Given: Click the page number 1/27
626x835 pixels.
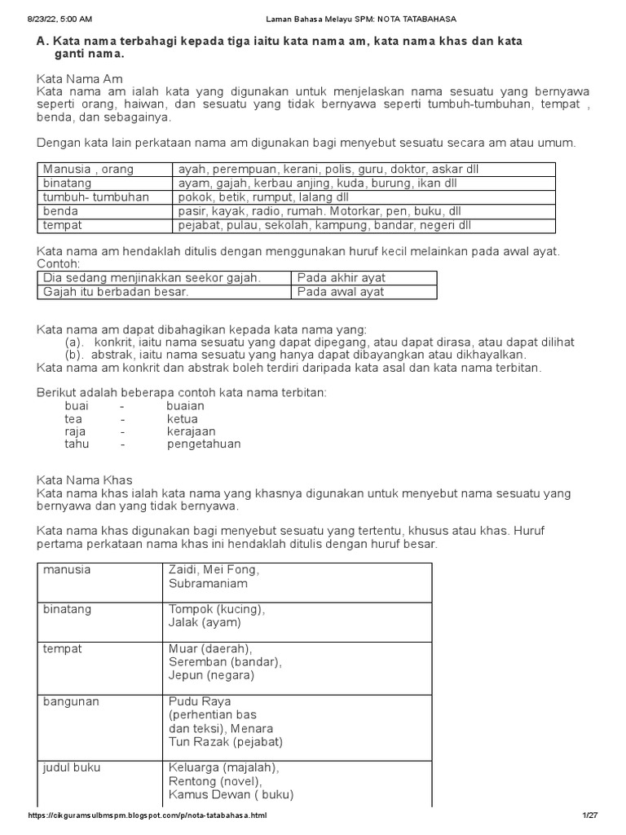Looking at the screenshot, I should coord(590,815).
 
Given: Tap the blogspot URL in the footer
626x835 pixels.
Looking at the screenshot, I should coord(147,815).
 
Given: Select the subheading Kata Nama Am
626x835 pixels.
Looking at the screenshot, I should coord(80,79).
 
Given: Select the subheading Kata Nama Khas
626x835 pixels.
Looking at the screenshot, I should coord(85,480).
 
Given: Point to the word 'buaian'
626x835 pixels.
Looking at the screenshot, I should coord(185,405).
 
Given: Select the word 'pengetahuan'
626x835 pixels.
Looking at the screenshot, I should coord(204,444).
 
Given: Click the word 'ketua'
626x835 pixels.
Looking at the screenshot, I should coord(183,418).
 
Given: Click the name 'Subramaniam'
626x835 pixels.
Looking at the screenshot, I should coord(208,584).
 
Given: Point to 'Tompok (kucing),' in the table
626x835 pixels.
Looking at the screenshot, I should coord(217,609).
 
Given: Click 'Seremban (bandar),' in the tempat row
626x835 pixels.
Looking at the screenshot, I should coord(225,662).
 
